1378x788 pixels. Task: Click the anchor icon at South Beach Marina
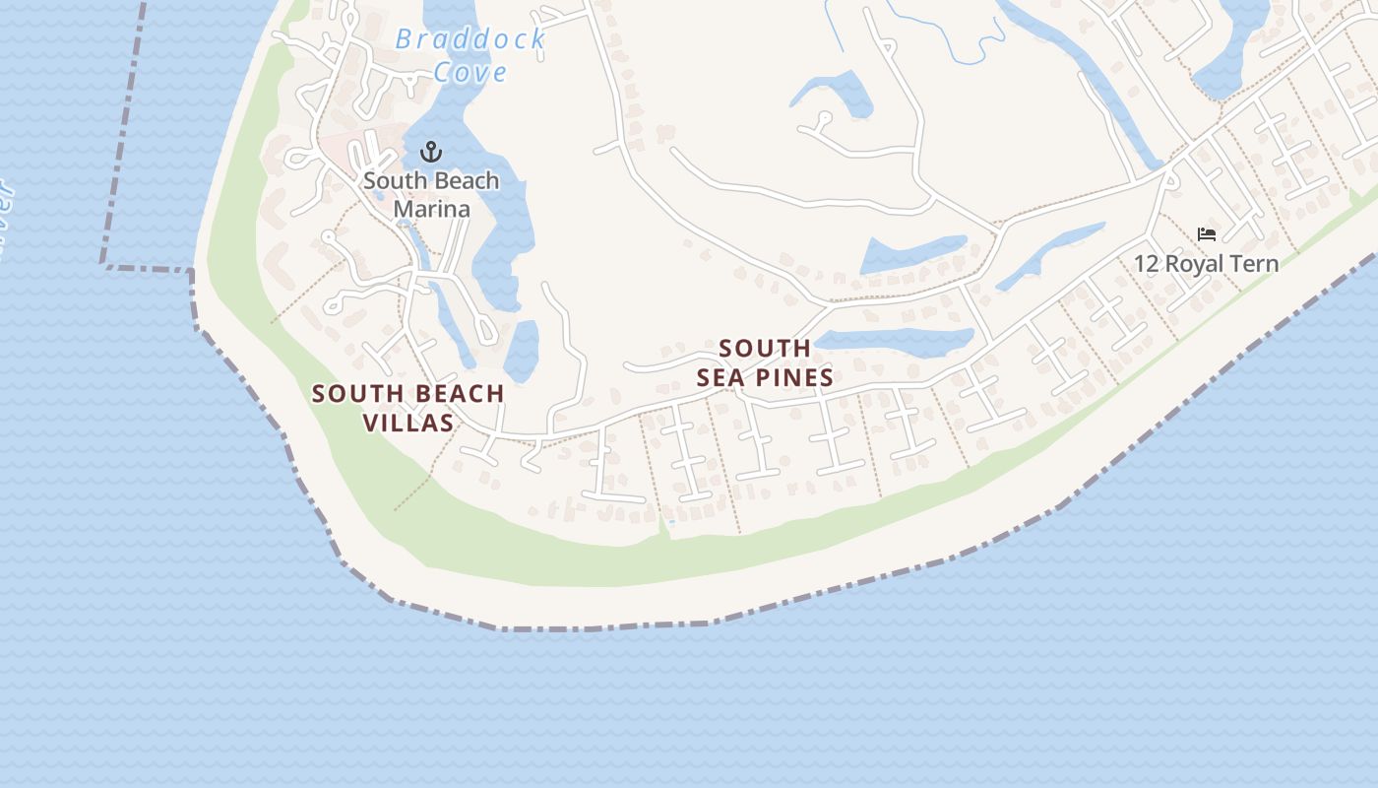point(430,152)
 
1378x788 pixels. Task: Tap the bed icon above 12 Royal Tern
point(1207,234)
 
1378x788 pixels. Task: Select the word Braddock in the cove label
point(470,39)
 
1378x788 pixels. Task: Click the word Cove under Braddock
point(470,72)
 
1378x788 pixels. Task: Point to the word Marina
point(431,209)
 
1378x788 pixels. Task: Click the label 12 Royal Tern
point(1206,264)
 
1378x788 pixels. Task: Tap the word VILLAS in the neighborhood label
point(407,424)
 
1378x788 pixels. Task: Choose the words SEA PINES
point(765,377)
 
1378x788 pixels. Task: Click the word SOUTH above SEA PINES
point(765,349)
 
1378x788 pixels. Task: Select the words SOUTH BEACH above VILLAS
point(407,394)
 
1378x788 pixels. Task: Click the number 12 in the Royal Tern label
point(1147,264)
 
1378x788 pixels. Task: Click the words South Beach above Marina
point(431,181)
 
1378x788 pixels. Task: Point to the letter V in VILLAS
point(370,424)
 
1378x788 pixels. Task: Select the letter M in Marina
point(403,209)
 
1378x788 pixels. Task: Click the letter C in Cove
point(443,72)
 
